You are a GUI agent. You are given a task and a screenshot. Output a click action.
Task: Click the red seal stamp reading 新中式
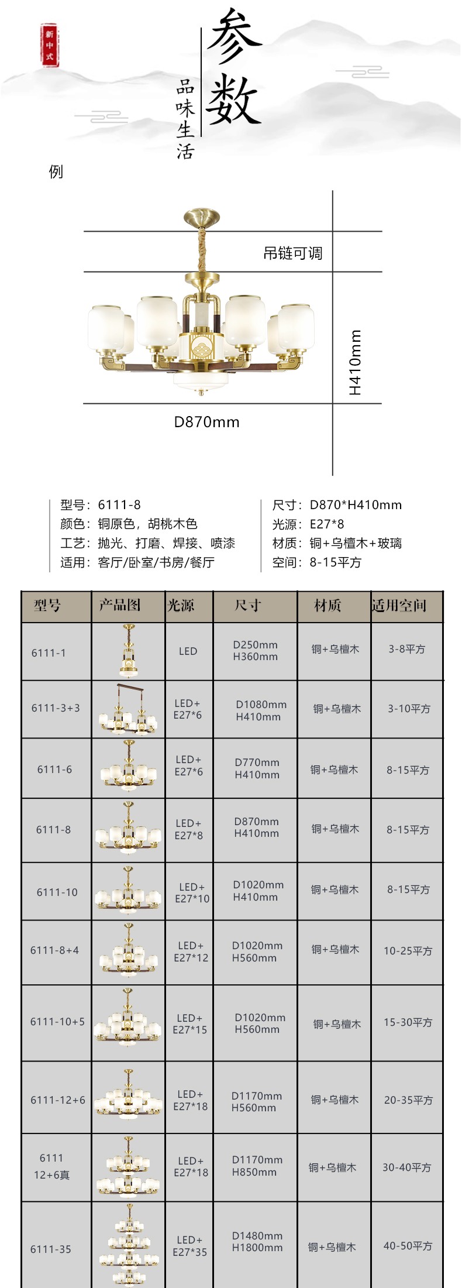50,44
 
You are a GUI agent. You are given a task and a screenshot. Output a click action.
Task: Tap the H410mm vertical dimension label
355,363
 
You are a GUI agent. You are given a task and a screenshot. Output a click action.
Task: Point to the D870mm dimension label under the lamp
206,422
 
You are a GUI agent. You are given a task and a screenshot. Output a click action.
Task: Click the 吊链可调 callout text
292,253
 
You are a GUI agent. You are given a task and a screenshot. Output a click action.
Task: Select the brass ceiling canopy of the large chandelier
201,218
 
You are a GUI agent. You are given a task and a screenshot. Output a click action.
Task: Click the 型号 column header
47,605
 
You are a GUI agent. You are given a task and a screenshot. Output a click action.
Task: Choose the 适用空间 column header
399,605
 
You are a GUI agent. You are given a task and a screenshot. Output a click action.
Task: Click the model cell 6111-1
49,652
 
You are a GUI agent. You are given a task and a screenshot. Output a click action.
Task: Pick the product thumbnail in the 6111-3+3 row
129,709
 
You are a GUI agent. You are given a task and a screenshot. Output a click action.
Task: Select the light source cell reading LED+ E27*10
192,892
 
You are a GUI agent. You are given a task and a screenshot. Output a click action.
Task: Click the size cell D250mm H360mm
255,651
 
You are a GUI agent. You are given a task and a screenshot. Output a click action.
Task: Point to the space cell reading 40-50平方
408,1246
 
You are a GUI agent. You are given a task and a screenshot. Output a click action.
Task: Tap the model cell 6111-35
51,1249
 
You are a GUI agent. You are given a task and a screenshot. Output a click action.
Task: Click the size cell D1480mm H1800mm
257,1242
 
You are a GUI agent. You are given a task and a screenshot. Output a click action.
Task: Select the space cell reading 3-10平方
409,709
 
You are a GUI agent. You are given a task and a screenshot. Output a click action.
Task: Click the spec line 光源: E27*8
308,524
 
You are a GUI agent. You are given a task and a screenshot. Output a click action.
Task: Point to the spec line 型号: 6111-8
101,504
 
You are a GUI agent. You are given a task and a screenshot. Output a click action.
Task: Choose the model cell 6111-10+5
57,1022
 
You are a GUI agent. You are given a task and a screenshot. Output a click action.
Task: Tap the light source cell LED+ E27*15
190,1023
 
